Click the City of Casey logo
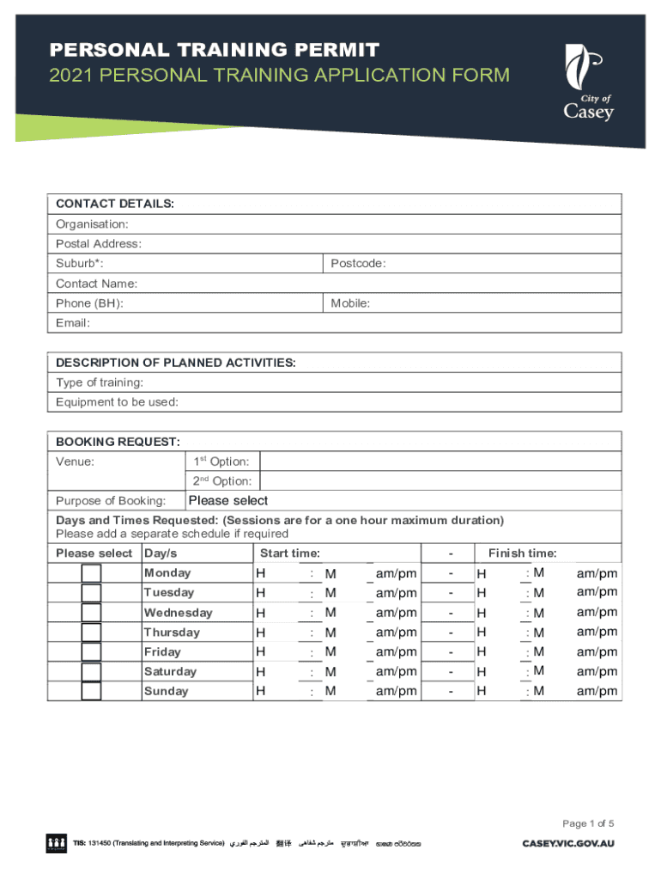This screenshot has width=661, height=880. pos(588,83)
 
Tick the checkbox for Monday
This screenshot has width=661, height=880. pos(91,573)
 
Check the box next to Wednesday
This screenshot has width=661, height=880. pos(91,613)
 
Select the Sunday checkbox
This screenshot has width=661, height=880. pos(91,691)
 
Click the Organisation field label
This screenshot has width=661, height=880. pos(92,224)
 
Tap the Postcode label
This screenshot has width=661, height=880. pos(358,264)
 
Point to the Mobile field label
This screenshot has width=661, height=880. pos(350,303)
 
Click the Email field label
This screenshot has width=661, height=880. pos(73,323)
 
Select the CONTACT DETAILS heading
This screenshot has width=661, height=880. pos(115,205)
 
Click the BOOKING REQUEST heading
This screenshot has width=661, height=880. pos(118,442)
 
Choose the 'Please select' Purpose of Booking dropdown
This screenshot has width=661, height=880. pos(228,501)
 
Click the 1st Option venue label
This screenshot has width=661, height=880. pos(221,461)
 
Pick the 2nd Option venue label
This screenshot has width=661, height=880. pos(221,481)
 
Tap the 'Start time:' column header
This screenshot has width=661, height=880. pos(290,553)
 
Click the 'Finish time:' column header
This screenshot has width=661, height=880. pos(522,553)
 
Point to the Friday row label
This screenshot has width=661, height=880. pos(162,652)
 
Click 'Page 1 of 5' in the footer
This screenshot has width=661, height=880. pos(589,824)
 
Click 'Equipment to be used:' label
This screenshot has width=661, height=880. pos(118,402)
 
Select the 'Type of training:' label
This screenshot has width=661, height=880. pos(100,382)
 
